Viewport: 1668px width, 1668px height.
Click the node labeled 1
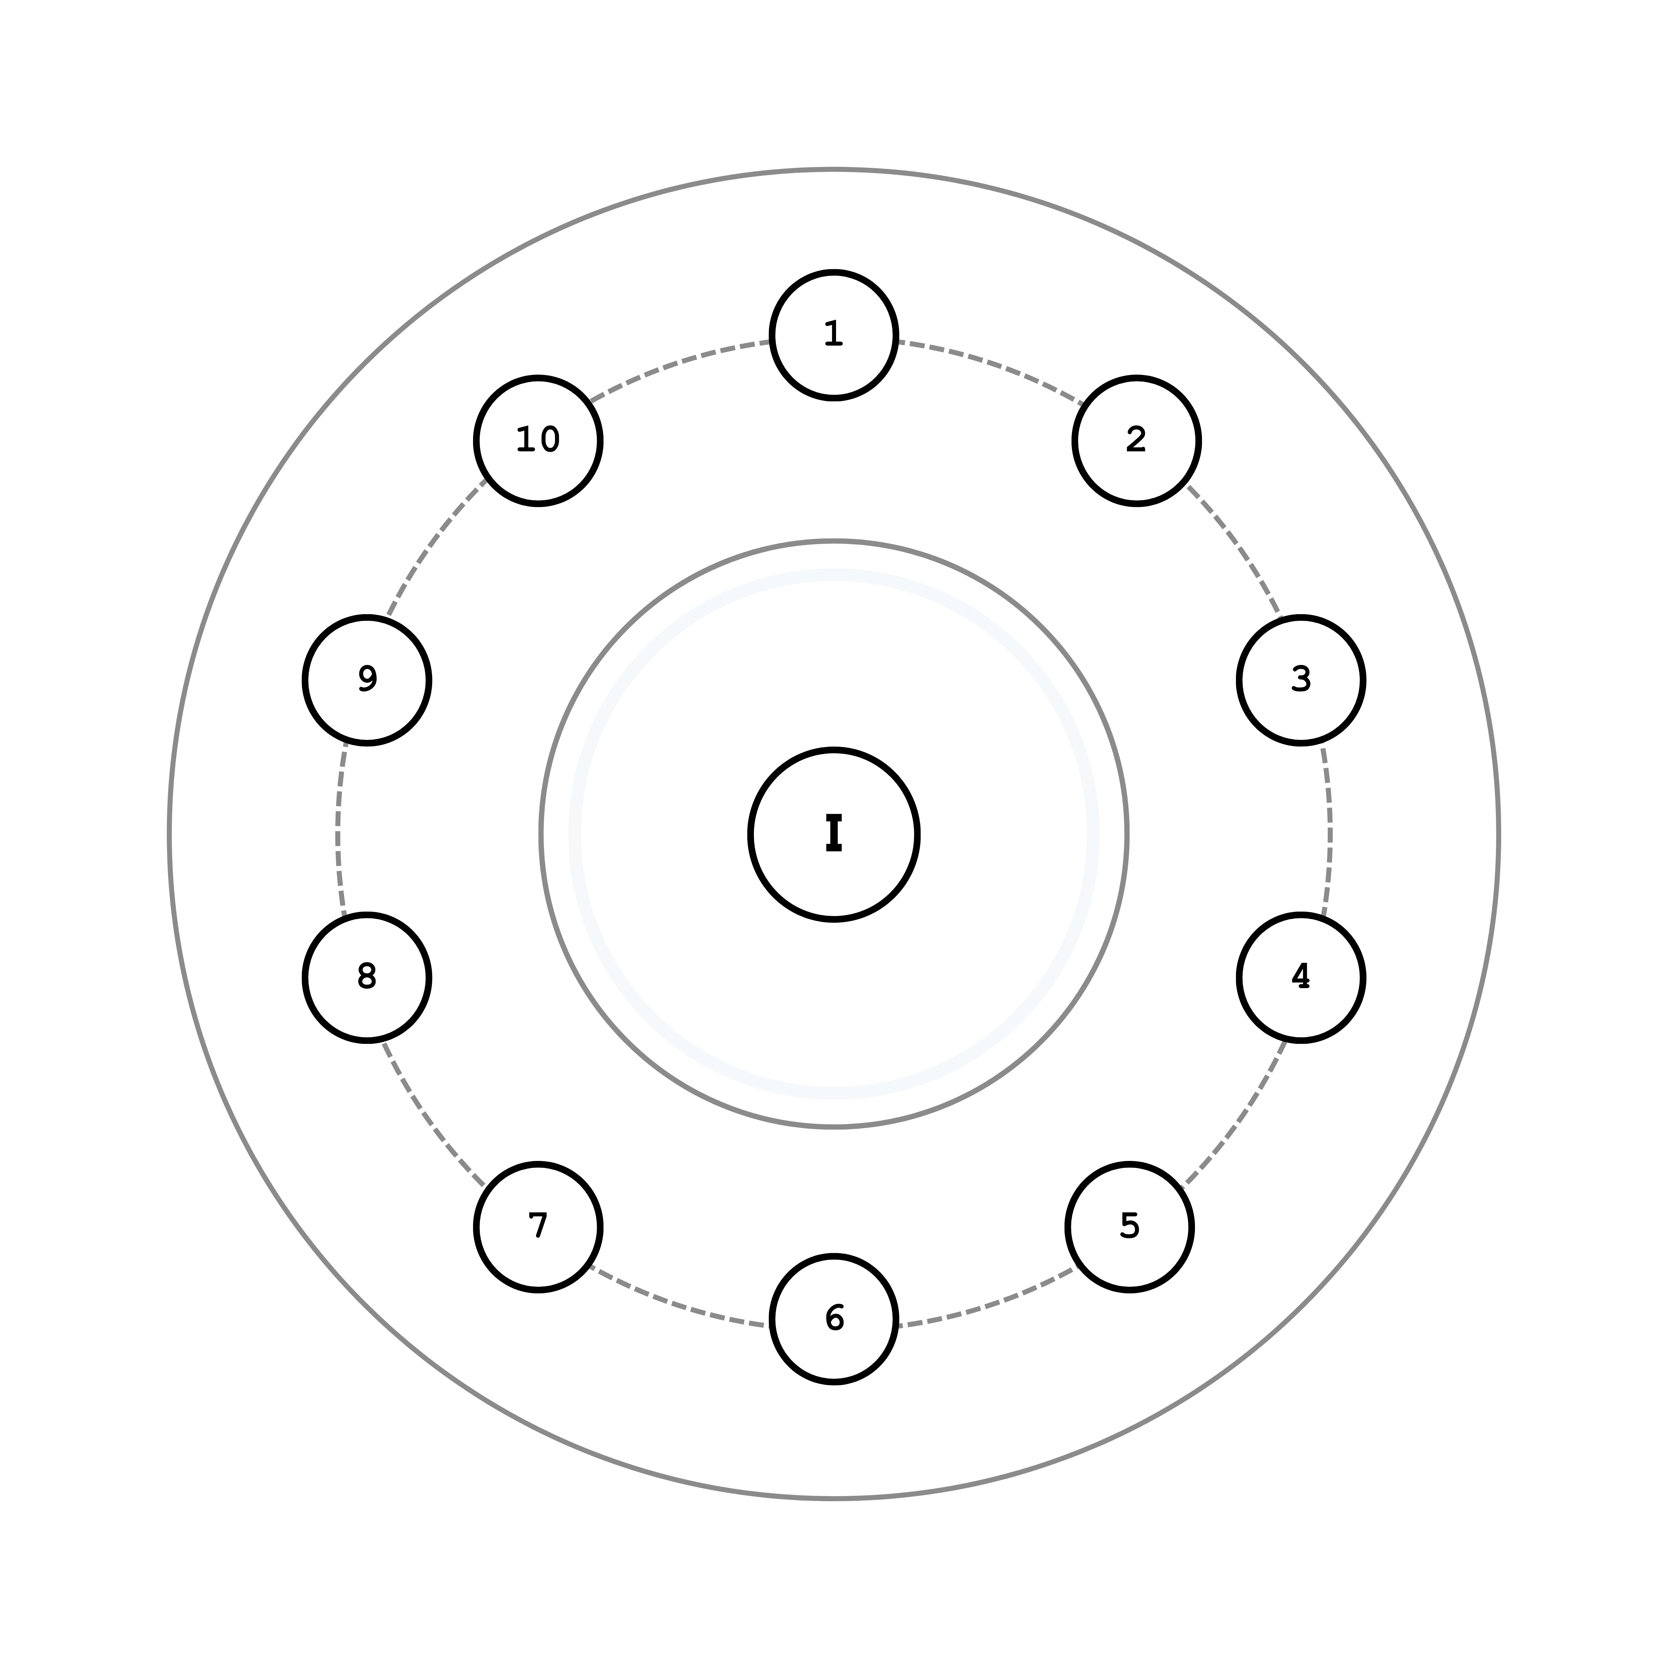coord(834,335)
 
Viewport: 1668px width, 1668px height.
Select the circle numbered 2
coord(1136,440)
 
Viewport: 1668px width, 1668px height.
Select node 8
coord(367,977)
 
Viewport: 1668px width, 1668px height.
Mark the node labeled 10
coord(538,440)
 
